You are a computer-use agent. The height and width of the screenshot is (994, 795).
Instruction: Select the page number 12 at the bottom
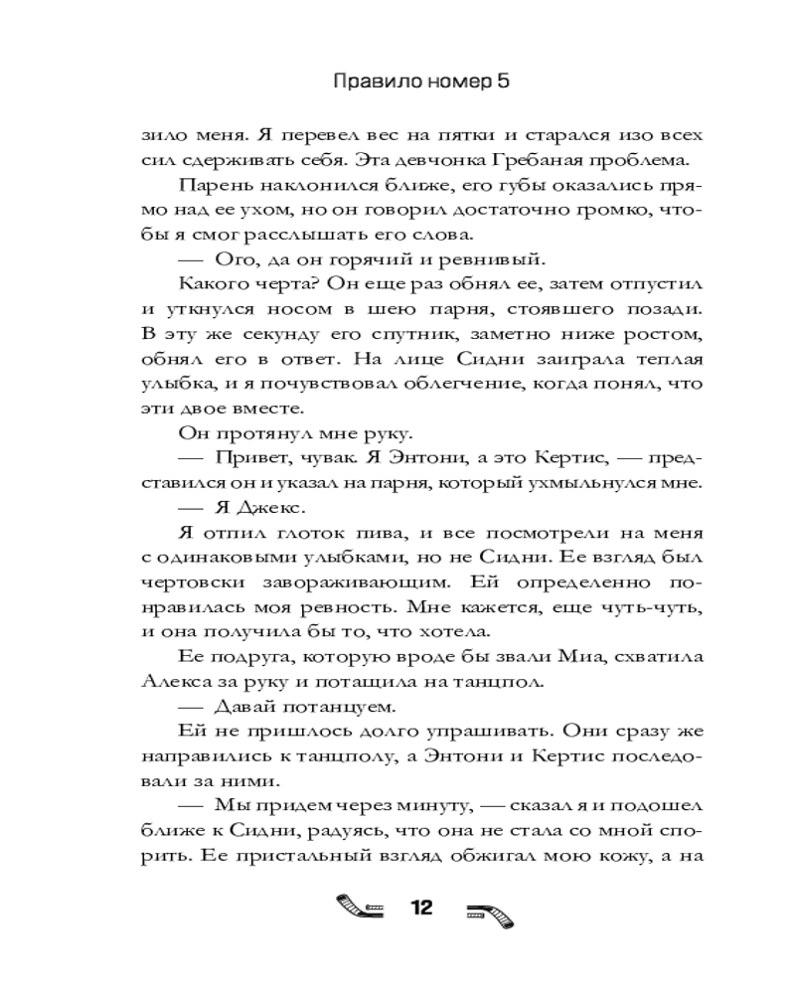coord(422,907)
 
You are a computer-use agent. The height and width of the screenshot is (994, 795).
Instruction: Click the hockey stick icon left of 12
coord(360,909)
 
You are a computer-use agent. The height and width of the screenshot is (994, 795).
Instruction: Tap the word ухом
coord(317,210)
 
